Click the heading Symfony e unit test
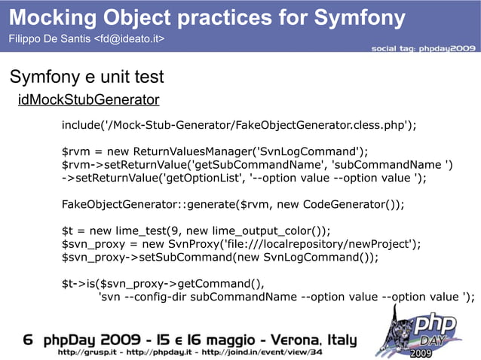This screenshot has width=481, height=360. (86, 77)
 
